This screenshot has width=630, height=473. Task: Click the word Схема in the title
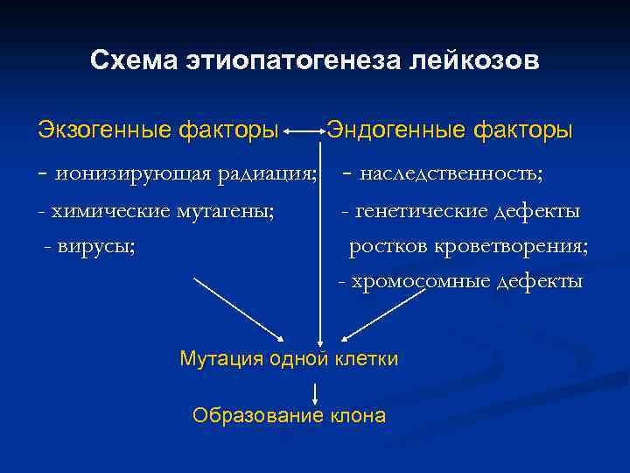[x=131, y=62]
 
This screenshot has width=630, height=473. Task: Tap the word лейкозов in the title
[x=474, y=62]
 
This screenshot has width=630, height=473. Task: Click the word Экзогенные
[x=104, y=131]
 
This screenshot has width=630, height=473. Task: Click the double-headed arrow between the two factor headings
[x=304, y=132]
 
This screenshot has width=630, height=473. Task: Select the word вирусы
[x=96, y=246]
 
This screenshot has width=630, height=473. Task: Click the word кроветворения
[x=521, y=246]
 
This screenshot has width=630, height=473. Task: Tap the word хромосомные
[x=421, y=282]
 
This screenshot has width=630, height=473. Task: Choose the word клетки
[x=367, y=358]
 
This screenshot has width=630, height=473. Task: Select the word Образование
[x=247, y=415]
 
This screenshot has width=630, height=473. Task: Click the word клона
[x=357, y=415]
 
